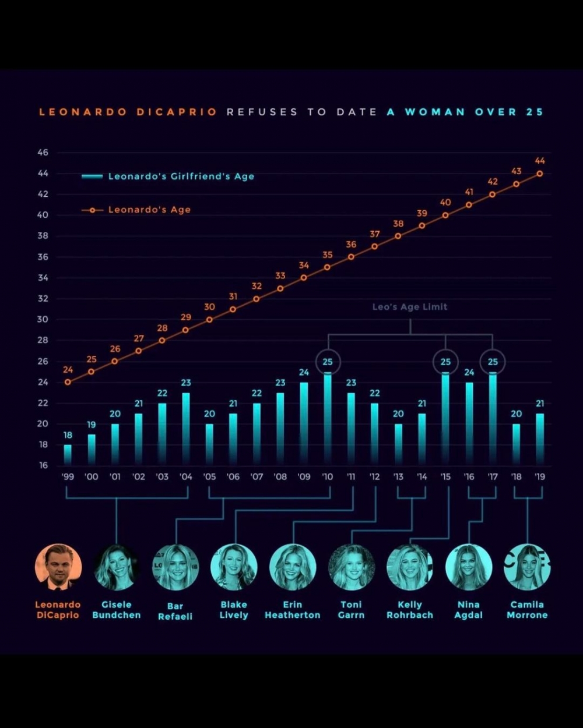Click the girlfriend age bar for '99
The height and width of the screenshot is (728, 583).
tap(68, 454)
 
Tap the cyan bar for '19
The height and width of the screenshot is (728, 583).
tap(540, 439)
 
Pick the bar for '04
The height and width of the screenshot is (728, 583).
tap(186, 428)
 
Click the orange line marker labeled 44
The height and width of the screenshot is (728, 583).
tap(540, 174)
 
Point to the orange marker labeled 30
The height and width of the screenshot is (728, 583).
tap(209, 319)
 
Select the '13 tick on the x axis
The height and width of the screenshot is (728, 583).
tap(398, 476)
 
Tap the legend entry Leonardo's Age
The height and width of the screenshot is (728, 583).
tap(149, 210)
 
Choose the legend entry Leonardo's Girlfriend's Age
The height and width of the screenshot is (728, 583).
tap(181, 176)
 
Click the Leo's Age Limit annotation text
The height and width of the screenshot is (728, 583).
tap(410, 307)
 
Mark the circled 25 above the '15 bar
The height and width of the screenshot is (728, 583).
tap(445, 362)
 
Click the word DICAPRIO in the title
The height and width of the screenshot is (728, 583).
tap(177, 112)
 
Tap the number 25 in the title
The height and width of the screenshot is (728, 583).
tap(535, 112)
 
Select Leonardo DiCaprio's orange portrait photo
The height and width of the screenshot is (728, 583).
tap(58, 567)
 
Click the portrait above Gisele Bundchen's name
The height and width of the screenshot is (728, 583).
tap(117, 567)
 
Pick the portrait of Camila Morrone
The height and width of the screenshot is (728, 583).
tap(527, 567)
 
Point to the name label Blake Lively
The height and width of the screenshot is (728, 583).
tap(234, 610)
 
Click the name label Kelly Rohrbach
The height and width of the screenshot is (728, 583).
tap(410, 610)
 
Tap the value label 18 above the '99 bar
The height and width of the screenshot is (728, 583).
tap(68, 435)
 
